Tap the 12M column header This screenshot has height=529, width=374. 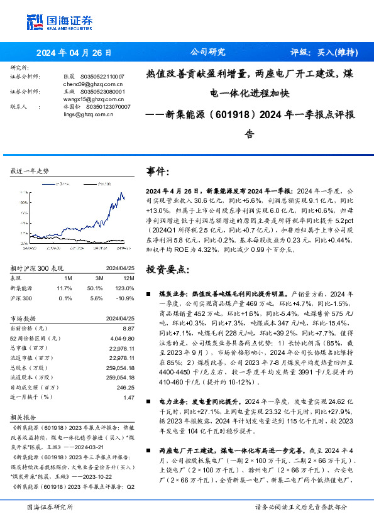point(128,278)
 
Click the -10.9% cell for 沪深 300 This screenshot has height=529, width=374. point(126,297)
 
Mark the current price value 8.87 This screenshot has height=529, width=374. point(128,328)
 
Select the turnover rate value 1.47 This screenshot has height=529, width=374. point(129,398)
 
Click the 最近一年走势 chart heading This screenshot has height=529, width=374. point(30,171)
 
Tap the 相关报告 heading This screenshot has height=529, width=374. point(23,417)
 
